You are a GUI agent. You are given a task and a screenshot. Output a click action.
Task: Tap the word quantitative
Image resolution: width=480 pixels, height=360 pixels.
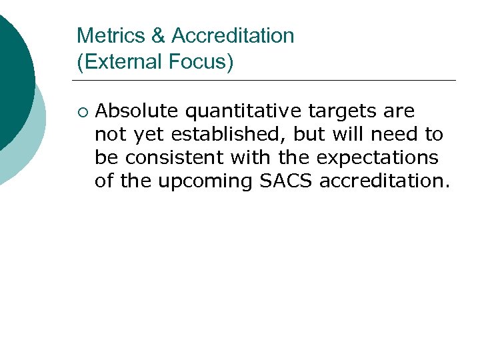(241, 111)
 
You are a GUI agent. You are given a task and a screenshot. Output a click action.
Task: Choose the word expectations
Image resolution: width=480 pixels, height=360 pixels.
(377, 159)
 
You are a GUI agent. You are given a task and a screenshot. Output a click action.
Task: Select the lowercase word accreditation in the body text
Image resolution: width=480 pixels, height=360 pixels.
(385, 181)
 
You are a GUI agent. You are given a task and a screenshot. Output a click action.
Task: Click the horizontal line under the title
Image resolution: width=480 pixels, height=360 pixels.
(267, 81)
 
